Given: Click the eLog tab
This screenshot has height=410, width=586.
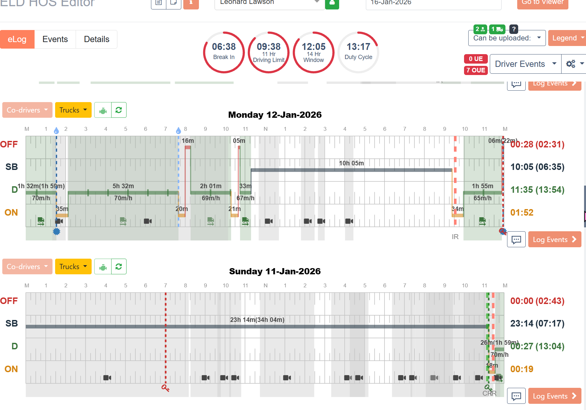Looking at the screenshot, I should click(17, 39).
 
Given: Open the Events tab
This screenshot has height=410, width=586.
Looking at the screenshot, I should click(55, 39).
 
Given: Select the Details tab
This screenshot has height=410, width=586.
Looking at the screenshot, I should click(97, 39).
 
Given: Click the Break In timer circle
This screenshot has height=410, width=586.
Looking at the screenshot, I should click(224, 52).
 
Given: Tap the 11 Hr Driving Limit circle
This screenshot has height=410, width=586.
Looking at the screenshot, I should click(269, 52).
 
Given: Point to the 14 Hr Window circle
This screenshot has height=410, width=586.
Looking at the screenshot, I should click(313, 52).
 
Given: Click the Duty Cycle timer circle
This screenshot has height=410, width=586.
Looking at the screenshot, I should click(358, 52).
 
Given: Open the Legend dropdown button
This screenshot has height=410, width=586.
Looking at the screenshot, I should click(567, 38).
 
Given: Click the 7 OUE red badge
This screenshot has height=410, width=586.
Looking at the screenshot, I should click(476, 70).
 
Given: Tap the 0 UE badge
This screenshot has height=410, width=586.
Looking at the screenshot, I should click(476, 59).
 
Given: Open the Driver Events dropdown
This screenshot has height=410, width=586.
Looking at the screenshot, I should click(525, 64).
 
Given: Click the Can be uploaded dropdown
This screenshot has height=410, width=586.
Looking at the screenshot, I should click(507, 38).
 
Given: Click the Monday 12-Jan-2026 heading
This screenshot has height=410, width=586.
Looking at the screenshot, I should click(275, 115).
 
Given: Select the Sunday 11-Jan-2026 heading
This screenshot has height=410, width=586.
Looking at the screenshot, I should click(275, 271).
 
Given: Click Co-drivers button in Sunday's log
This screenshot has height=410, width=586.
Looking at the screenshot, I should click(27, 266).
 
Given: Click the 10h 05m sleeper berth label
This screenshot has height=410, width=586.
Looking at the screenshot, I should click(351, 163).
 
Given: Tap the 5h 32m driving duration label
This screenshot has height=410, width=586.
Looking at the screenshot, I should click(123, 186).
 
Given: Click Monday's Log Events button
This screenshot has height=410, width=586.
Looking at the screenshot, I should click(554, 239).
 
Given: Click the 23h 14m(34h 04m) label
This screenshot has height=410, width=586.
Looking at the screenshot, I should click(257, 320).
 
